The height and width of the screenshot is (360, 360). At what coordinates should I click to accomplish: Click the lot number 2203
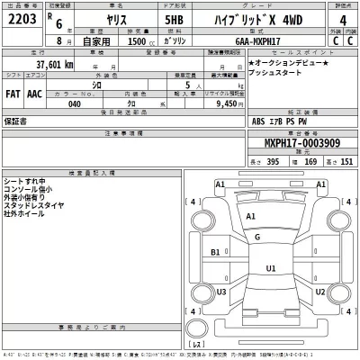coord(23,22)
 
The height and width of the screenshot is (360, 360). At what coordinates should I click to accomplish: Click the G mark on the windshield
coord(257,236)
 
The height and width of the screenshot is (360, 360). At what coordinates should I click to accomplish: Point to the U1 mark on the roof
coord(271,268)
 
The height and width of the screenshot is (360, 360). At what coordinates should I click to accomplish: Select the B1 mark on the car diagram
coord(215,253)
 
